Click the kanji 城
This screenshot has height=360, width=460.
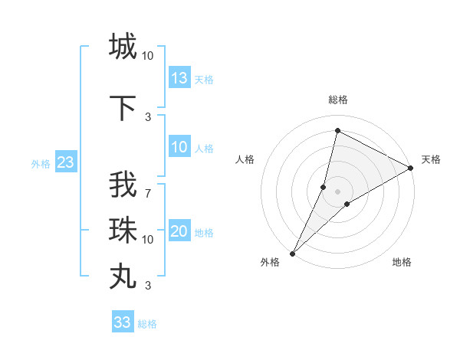123,46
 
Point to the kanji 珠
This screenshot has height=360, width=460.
123,230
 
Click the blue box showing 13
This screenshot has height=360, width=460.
179,77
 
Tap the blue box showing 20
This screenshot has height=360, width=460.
179,232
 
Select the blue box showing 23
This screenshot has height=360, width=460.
65,162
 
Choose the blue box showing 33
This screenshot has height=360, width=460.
123,322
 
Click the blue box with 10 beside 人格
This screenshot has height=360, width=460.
179,147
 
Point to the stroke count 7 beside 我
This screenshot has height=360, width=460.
147,194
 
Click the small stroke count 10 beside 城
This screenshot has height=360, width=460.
147,55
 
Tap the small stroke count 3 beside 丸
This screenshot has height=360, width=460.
147,286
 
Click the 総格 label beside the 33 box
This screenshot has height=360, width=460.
148,324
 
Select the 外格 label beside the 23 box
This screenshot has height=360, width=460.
41,163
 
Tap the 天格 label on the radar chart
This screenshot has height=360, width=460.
431,159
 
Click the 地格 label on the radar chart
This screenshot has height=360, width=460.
402,262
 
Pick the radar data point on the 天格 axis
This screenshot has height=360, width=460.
410,169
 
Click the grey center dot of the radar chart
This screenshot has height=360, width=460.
337,191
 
